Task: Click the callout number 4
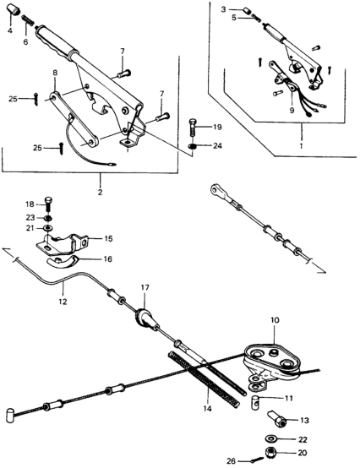click(x=10, y=30)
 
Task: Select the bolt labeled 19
click(x=193, y=127)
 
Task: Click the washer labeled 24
click(x=193, y=146)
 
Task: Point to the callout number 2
click(x=100, y=192)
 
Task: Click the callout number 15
click(x=108, y=238)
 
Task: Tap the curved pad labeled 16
click(x=62, y=262)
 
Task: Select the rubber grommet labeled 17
click(x=144, y=318)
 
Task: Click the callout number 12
click(x=63, y=302)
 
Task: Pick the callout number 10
click(x=275, y=320)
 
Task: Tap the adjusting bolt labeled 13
click(x=277, y=419)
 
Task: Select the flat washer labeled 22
click(x=271, y=439)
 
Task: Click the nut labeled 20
click(x=271, y=454)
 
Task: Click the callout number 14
click(x=207, y=408)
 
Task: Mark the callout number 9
click(x=292, y=110)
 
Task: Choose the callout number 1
click(x=301, y=146)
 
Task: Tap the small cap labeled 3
click(x=248, y=10)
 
